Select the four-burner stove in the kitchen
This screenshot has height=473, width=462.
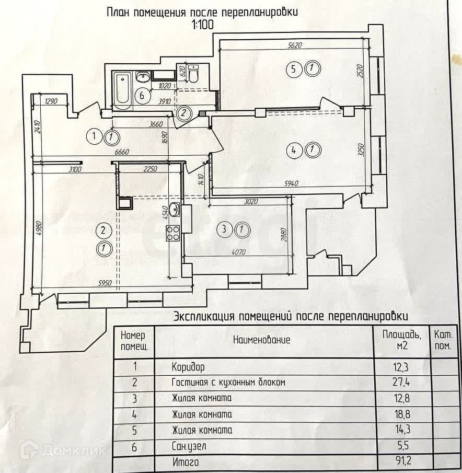173,233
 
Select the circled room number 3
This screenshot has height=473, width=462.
224,228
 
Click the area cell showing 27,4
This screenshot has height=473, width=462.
401,383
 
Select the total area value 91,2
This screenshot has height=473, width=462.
401,462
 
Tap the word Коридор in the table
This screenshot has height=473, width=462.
188,367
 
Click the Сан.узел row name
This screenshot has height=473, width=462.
189,446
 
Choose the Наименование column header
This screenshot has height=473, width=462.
261,340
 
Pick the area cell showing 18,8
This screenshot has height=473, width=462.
401,414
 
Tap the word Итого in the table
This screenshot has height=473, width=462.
185,462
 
